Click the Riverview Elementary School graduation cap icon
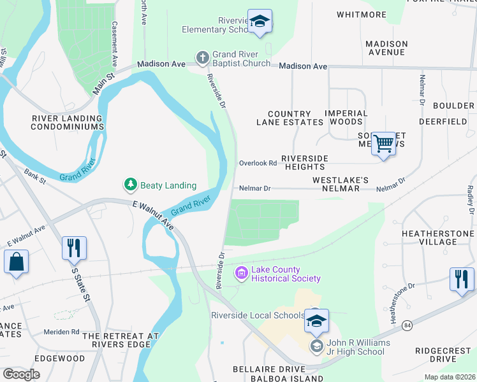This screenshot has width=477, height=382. [260, 22]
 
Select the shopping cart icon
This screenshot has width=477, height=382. [383, 143]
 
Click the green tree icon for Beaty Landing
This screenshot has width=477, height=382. [131, 185]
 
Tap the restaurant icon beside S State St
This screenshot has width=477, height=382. [74, 248]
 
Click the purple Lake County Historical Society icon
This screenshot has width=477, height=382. [242, 274]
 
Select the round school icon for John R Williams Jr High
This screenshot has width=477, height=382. [315, 346]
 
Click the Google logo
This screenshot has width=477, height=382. [20, 374]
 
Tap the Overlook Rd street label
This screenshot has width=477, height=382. [258, 163]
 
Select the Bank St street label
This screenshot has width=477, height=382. [35, 176]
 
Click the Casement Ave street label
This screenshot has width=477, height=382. [115, 45]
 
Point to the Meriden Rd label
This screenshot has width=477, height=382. [61, 332]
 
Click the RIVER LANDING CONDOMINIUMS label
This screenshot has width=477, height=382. [68, 122]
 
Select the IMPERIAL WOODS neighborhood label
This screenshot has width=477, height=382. [346, 117]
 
